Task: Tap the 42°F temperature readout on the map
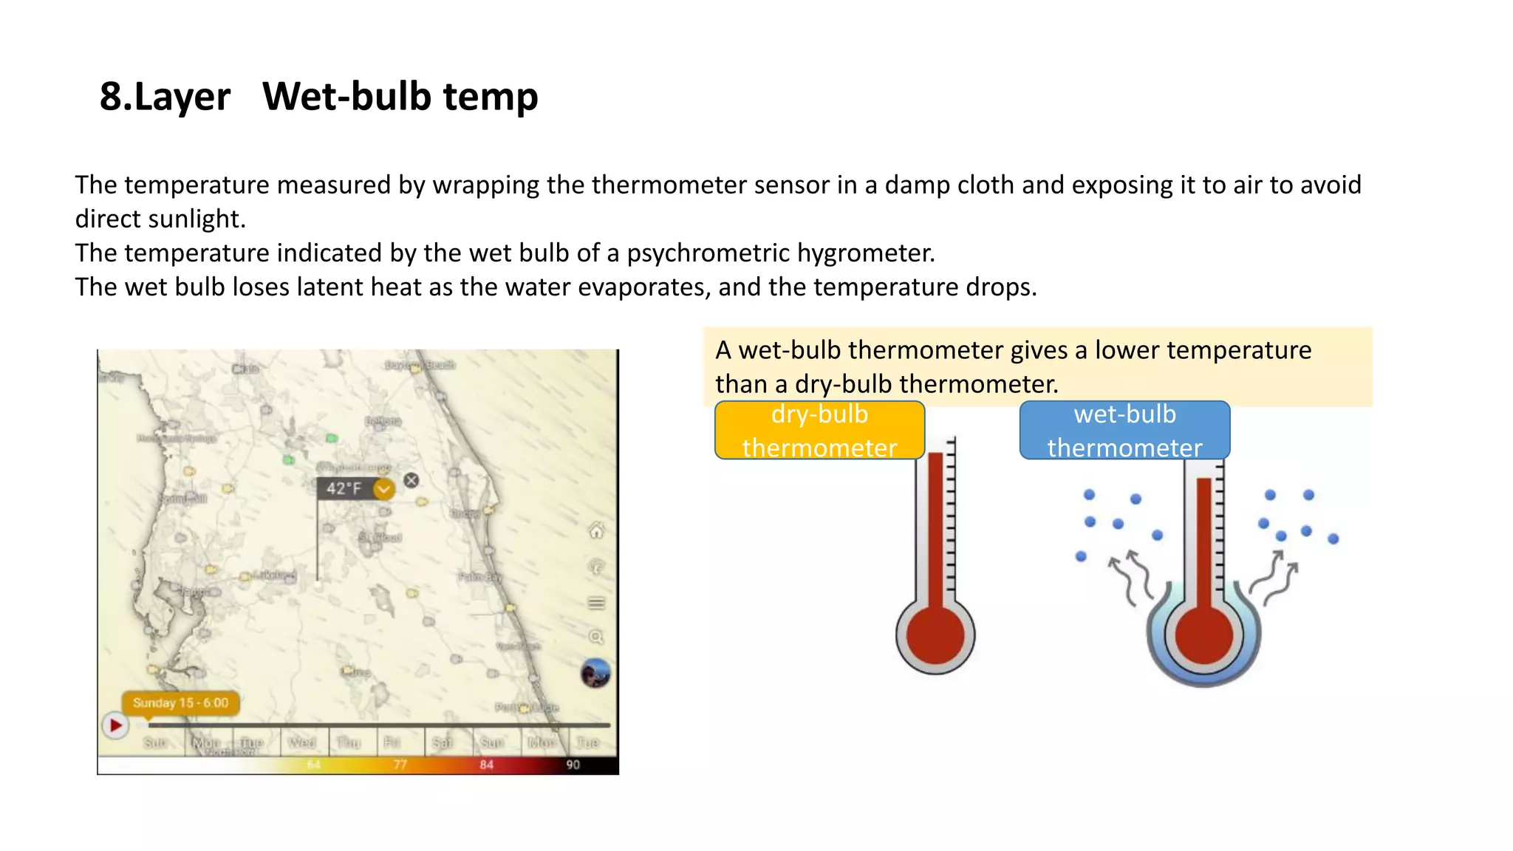(344, 488)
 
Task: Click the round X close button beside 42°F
(411, 480)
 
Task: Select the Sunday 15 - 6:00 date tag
(180, 703)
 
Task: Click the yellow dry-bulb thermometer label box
(819, 431)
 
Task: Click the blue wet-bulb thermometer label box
(1124, 431)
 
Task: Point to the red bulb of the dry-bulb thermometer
(935, 635)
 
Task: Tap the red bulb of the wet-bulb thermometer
(1203, 635)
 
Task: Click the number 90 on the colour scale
(573, 765)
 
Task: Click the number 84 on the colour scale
(486, 765)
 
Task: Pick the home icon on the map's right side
(596, 530)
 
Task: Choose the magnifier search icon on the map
(596, 637)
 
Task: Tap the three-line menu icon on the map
(596, 604)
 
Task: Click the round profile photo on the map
(595, 673)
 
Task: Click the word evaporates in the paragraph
(643, 287)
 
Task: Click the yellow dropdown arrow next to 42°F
(383, 488)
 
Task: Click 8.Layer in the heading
(165, 97)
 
